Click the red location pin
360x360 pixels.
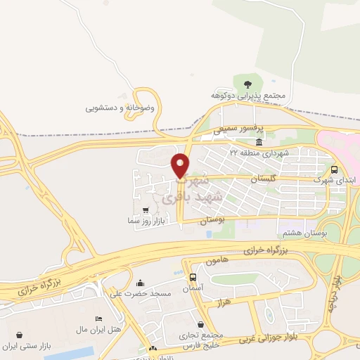click(x=181, y=165)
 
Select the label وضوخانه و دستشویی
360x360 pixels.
click(x=120, y=108)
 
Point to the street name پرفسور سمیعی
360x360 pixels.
click(x=238, y=129)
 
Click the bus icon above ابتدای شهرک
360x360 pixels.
click(x=334, y=169)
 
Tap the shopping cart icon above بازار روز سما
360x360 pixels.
click(x=144, y=210)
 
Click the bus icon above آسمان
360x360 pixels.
click(x=193, y=276)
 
